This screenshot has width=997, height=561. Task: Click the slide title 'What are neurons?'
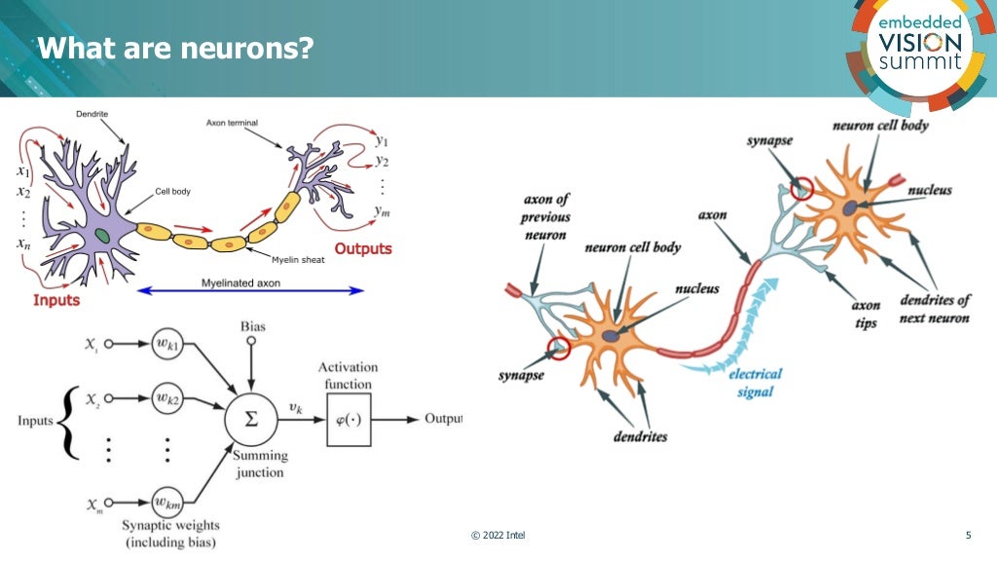(x=175, y=47)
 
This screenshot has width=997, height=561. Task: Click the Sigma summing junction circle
(x=251, y=419)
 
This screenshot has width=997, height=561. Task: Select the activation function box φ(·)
(x=348, y=420)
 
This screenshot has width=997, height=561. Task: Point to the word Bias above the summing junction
(x=252, y=326)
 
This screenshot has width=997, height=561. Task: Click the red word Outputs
(x=363, y=248)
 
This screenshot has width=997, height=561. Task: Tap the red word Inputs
(x=56, y=300)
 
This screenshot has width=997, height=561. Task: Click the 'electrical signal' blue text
(x=755, y=382)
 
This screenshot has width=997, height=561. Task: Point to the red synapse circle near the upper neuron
(x=801, y=189)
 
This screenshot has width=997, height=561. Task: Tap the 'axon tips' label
(x=866, y=315)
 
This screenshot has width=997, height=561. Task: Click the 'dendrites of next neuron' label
(x=935, y=310)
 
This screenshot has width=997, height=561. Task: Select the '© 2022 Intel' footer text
(x=498, y=536)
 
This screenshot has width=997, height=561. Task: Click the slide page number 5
(x=967, y=536)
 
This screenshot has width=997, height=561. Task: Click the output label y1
(x=382, y=140)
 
